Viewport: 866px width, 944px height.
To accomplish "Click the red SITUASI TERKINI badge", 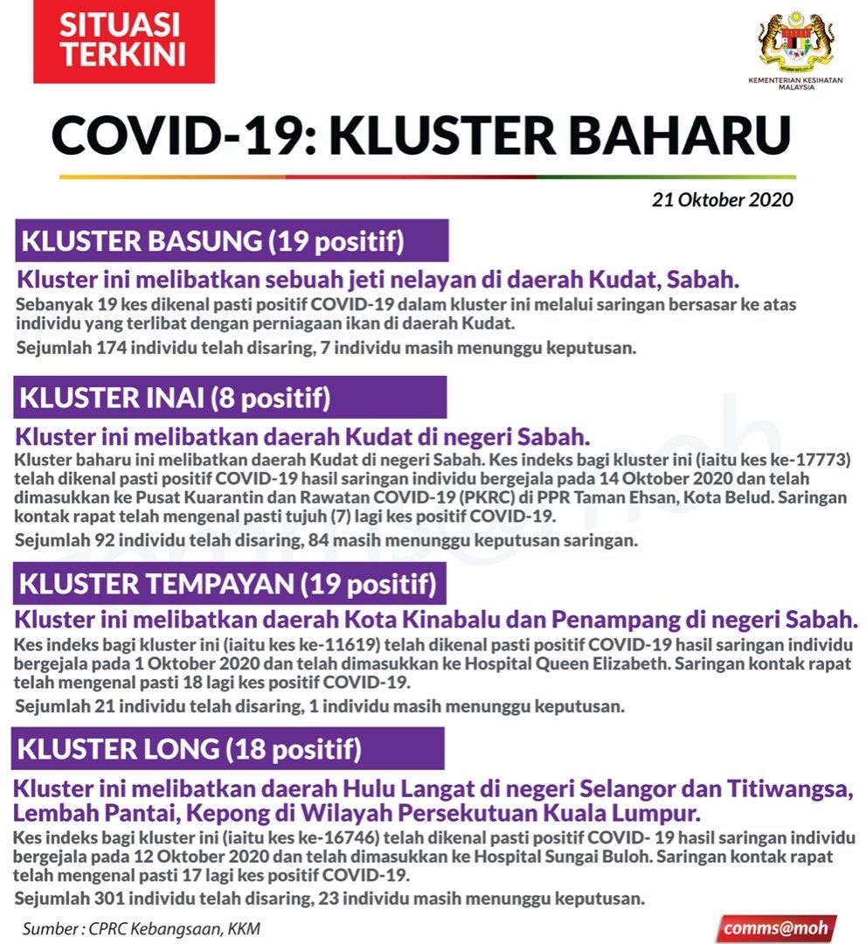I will [123, 41].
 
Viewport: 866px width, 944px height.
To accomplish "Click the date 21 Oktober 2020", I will [722, 199].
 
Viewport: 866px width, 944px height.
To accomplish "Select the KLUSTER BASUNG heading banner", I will [232, 241].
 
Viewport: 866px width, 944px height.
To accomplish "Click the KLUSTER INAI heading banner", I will [230, 398].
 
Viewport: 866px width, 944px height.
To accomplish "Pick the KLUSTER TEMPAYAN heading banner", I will [230, 583].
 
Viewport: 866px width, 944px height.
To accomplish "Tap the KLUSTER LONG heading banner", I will [228, 748].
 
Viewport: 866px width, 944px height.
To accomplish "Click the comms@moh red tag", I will [775, 927].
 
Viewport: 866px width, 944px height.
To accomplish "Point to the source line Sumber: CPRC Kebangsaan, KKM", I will [142, 928].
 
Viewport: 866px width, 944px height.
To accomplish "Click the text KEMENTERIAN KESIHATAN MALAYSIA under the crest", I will [793, 84].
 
